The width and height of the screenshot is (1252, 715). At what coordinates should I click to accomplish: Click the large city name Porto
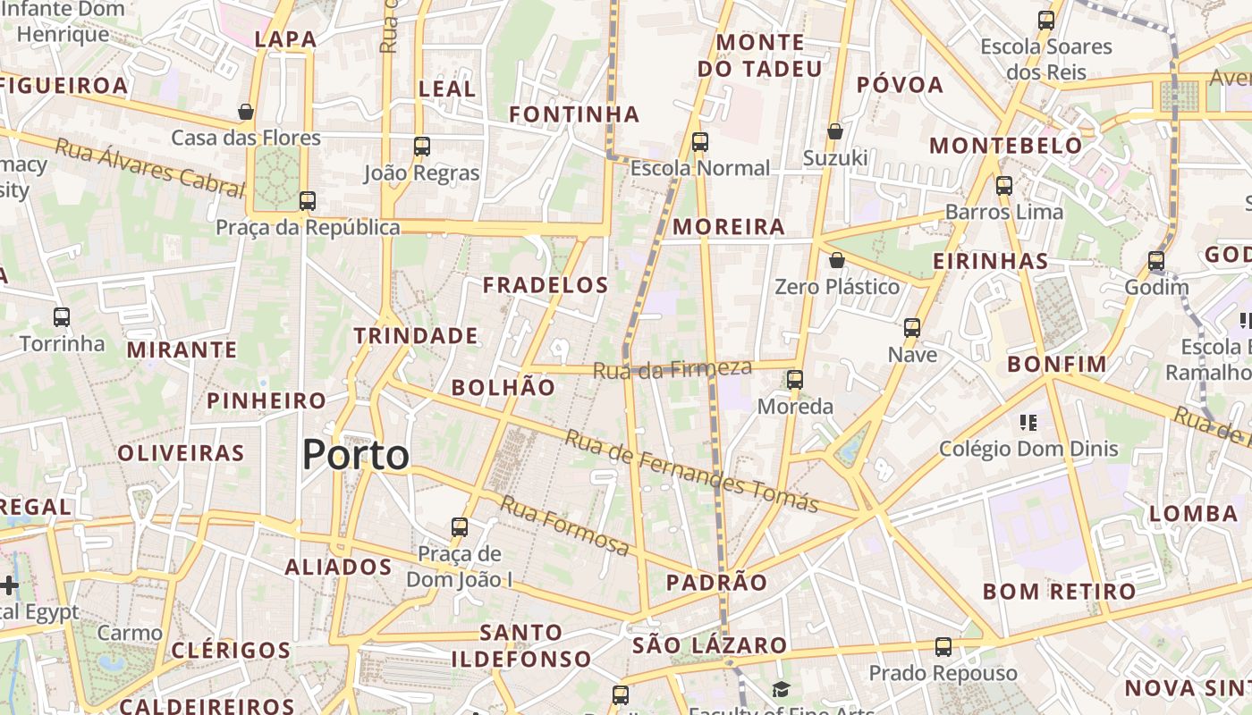355,455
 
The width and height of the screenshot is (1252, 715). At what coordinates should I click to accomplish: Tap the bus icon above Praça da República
308,201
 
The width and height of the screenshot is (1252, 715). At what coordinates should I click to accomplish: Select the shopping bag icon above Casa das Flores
246,112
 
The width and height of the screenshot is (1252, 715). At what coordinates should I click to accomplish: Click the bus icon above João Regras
421,147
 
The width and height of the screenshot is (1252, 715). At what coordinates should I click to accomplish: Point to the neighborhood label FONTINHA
574,114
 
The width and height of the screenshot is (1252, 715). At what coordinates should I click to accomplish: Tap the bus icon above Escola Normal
699,142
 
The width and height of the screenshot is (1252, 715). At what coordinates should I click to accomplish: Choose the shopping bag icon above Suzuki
835,131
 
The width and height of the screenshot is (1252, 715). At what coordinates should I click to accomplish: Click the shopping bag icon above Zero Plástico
837,260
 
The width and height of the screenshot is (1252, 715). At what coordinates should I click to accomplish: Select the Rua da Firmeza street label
673,368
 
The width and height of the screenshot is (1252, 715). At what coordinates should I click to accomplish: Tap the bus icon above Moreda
795,380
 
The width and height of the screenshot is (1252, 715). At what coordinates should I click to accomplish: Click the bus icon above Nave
912,328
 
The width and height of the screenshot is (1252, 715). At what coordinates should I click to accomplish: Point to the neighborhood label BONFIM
1057,365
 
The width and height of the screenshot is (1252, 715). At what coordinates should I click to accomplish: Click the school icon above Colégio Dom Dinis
1028,422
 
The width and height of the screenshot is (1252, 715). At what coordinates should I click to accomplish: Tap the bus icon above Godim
1156,261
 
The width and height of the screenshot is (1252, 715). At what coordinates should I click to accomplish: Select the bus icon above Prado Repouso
943,646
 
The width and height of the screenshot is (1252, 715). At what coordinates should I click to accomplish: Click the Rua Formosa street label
564,525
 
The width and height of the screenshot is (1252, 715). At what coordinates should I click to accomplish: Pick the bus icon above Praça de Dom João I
460,527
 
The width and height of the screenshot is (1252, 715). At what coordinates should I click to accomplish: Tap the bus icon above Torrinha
62,317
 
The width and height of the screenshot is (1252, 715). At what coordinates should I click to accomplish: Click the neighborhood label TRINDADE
416,336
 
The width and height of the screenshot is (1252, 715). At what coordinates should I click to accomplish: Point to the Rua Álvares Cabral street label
149,167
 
